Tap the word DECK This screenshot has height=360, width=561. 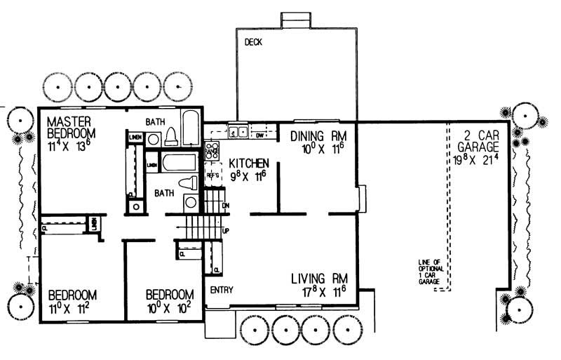(253, 43)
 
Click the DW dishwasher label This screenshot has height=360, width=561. (259, 134)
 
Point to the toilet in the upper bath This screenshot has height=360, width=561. (170, 138)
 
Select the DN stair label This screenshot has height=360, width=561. (225, 206)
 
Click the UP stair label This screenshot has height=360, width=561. (225, 229)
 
